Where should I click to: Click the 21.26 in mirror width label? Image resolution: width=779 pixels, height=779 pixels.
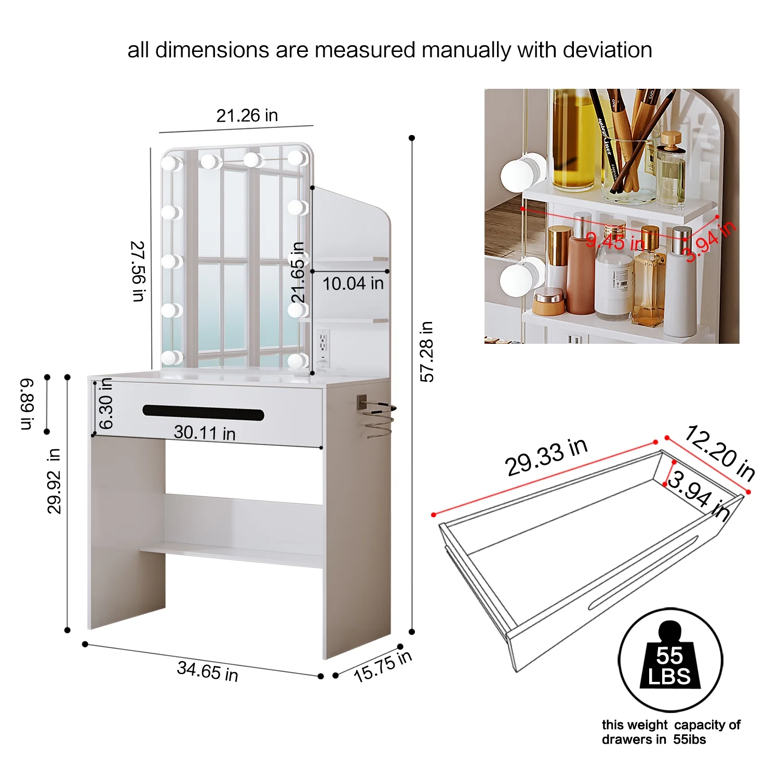[x=247, y=115]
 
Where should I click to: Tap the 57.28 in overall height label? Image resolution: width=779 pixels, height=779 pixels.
[x=426, y=352]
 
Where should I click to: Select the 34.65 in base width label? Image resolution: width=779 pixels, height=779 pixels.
[x=207, y=670]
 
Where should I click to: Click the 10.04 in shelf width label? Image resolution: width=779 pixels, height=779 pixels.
[x=353, y=284]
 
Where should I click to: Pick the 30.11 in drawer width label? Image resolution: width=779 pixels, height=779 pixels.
[x=204, y=432]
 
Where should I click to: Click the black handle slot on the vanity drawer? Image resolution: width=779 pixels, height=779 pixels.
[x=203, y=413]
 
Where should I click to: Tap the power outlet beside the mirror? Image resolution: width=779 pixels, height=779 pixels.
[x=323, y=341]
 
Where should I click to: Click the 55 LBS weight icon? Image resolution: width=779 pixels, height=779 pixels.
[x=670, y=660]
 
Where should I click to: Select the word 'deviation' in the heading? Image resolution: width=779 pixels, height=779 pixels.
[x=607, y=50]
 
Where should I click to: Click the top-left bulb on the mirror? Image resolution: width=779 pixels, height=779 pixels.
[x=169, y=163]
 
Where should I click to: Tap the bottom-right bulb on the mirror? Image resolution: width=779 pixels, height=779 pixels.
[x=297, y=360]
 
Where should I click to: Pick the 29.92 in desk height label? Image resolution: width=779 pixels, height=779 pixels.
[x=54, y=481]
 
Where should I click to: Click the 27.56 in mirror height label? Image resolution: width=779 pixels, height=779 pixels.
[x=138, y=271]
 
